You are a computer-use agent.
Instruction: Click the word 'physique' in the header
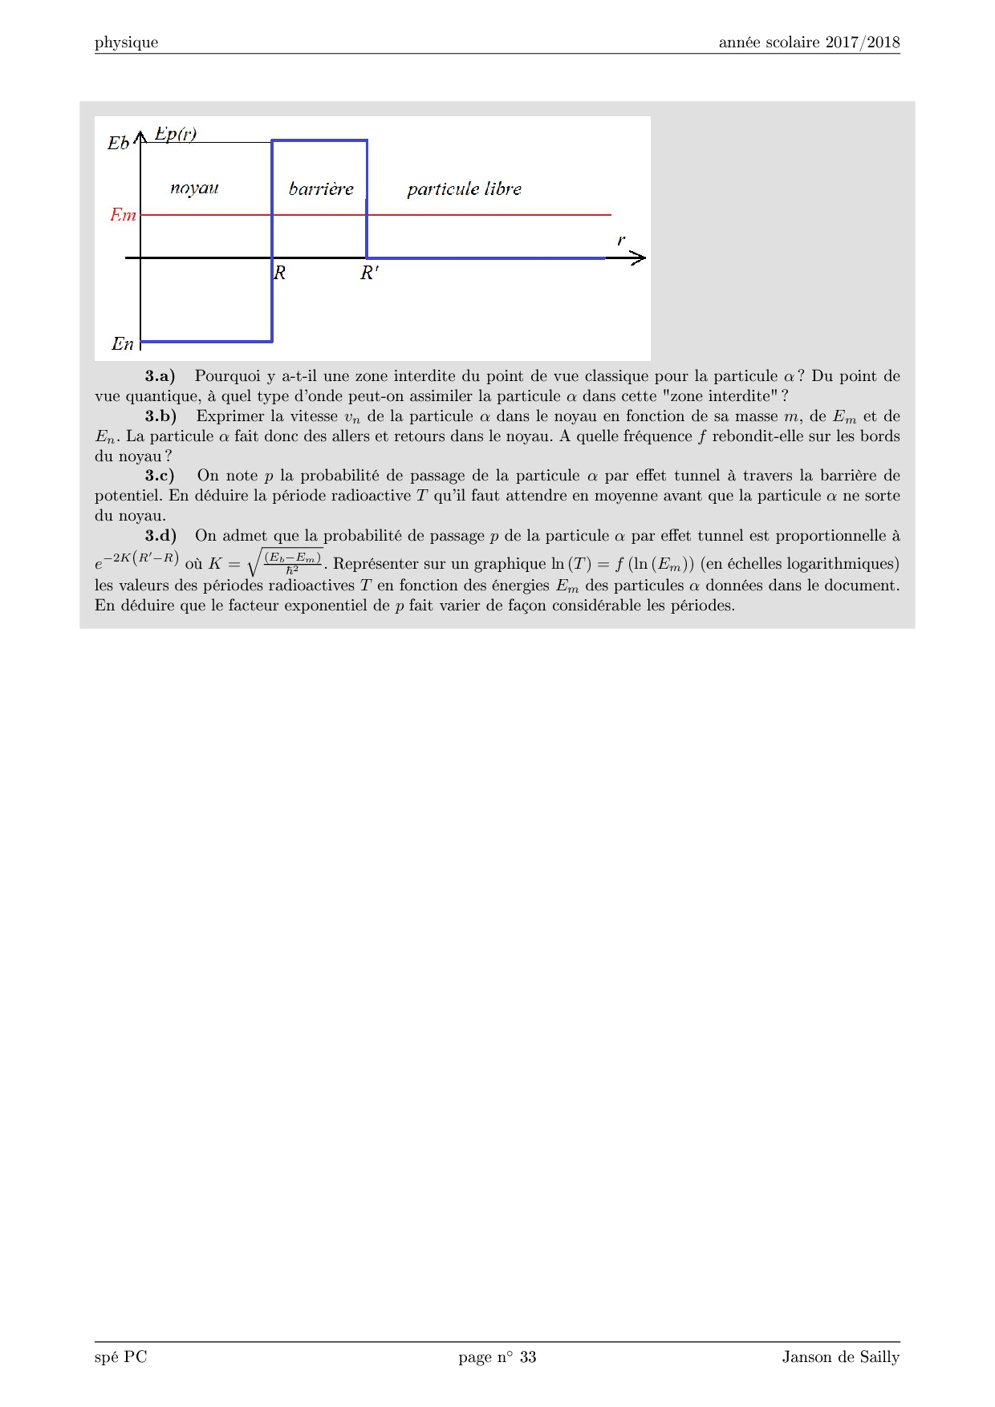point(126,43)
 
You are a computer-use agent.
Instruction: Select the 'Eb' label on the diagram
point(118,144)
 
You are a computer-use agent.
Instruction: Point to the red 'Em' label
point(123,215)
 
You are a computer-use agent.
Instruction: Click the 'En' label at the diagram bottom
point(122,344)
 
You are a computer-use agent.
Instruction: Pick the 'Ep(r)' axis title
point(176,134)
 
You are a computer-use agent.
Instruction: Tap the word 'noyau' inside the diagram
point(194,189)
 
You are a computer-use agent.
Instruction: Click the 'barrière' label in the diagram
point(321,189)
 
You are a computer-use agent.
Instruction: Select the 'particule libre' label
point(464,189)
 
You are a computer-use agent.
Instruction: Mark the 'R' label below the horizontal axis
point(280,273)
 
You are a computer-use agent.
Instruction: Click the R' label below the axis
point(369,273)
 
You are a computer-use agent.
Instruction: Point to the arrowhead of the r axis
point(638,257)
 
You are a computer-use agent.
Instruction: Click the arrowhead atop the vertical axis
point(141,136)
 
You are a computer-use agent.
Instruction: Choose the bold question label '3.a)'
point(160,376)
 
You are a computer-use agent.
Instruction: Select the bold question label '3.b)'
point(160,416)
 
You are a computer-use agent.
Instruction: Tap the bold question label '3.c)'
point(160,476)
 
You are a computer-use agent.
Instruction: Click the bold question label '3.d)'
point(160,536)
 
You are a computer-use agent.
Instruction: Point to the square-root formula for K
point(285,562)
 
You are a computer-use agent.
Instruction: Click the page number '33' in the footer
point(528,1357)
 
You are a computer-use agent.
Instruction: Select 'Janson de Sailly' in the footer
point(841,1357)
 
